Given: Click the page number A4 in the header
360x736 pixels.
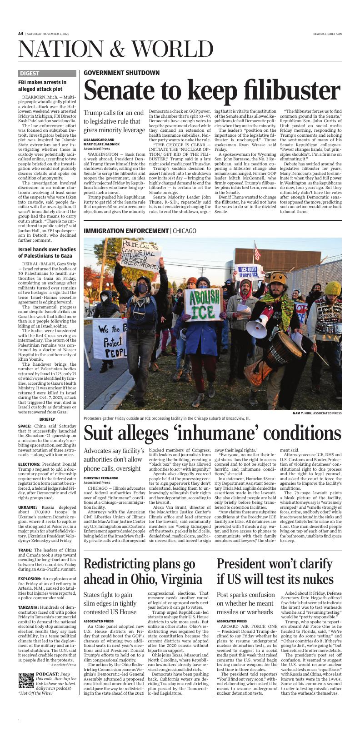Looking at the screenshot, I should coord(21,34).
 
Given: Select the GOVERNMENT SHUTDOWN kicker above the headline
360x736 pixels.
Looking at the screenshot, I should coord(121,73).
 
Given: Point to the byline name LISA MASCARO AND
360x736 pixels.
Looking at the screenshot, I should coord(99,140).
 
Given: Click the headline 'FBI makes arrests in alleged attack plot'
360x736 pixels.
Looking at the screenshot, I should coord(42,86).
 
